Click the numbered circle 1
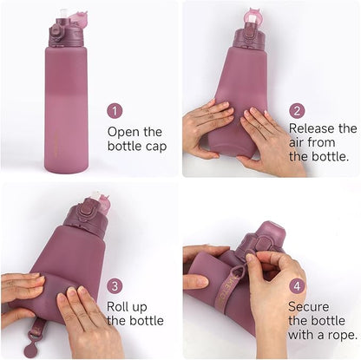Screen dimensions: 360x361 [x=115, y=111]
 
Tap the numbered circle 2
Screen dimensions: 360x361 [x=297, y=111]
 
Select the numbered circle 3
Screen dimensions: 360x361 [x=115, y=285]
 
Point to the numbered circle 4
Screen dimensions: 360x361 [x=297, y=285]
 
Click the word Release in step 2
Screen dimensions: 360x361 [x=313, y=128]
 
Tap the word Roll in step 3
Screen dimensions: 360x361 [x=119, y=306]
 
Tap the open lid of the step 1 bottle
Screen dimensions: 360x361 [x=76, y=17]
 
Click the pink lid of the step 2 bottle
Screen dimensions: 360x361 [x=254, y=15]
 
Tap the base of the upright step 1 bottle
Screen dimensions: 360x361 [x=66, y=165]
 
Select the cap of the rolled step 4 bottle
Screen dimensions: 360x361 [x=266, y=239]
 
